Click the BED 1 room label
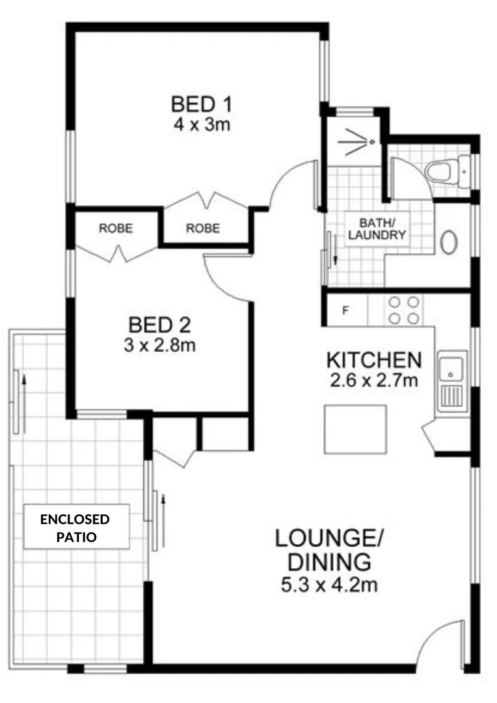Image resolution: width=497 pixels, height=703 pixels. (x=202, y=104)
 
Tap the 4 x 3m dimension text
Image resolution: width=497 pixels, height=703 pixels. (x=202, y=124)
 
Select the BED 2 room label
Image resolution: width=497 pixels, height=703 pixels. (x=159, y=324)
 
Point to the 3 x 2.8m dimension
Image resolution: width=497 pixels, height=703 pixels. (x=160, y=344)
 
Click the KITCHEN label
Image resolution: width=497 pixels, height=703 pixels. (x=374, y=360)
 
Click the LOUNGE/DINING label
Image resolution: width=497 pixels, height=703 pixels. (x=329, y=550)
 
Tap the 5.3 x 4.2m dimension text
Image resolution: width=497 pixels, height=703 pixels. (x=329, y=585)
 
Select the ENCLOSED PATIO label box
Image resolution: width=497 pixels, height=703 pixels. (x=75, y=528)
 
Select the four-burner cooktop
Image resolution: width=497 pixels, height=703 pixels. (x=403, y=310)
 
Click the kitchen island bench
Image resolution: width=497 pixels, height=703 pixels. (x=355, y=429)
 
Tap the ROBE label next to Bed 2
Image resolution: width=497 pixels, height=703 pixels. (x=116, y=228)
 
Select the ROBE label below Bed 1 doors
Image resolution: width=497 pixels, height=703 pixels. (x=203, y=228)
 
